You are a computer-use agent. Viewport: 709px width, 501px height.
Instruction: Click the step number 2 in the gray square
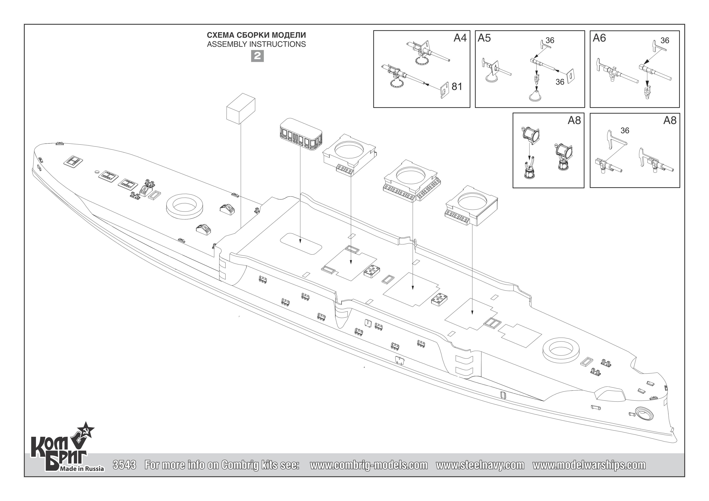pos(257,56)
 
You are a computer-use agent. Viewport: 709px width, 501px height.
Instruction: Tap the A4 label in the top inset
pos(460,38)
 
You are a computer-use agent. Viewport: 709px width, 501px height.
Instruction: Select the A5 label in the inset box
pos(484,38)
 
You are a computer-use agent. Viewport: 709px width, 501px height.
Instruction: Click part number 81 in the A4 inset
pos(457,87)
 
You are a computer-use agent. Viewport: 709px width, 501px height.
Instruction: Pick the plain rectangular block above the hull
pos(241,109)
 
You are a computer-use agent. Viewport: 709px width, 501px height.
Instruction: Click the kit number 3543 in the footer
pos(124,465)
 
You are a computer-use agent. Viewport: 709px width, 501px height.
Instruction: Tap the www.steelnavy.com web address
pos(480,465)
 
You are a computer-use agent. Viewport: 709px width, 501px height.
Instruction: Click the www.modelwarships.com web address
pos(589,465)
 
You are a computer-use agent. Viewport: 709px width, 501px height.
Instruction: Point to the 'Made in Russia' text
pos(82,469)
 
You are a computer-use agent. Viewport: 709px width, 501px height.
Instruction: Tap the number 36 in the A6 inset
pos(665,40)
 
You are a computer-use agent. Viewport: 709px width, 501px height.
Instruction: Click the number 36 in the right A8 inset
pos(625,131)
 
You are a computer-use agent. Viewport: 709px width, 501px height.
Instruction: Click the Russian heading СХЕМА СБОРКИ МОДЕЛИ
pos(256,35)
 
